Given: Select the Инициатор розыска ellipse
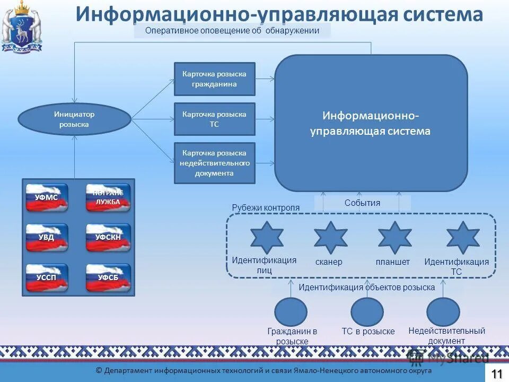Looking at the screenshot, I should [x=74, y=119].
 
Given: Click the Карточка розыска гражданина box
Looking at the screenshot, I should [x=215, y=79].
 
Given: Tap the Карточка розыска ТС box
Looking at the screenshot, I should [x=215, y=119].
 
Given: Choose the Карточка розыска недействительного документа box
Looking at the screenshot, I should [x=215, y=163].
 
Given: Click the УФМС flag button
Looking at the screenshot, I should [x=47, y=197].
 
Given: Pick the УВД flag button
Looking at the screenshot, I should [x=47, y=238].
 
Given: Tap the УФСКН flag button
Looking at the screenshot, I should [x=108, y=238].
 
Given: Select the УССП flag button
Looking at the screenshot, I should [x=47, y=277].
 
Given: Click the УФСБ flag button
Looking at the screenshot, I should [x=108, y=277].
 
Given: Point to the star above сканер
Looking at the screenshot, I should [x=330, y=238].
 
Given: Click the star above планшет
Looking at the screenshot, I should [x=394, y=238].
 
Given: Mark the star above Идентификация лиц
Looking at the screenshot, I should [x=267, y=238].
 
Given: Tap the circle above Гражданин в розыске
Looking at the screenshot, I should [x=291, y=312].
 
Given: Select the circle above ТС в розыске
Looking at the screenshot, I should [x=367, y=312].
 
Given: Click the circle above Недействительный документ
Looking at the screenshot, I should [x=443, y=312].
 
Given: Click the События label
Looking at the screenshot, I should [x=363, y=203].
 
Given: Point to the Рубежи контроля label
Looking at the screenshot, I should [x=266, y=208].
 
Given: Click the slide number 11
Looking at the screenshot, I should [x=497, y=374].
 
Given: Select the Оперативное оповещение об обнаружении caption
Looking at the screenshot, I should [x=232, y=31].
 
